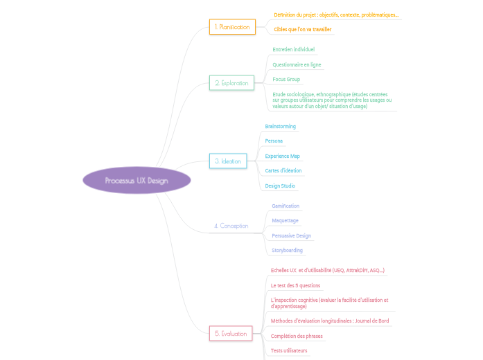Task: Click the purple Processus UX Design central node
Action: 136,181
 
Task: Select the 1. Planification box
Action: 232,27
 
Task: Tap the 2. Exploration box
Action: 231,83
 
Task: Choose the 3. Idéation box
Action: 228,161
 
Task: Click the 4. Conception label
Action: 231,226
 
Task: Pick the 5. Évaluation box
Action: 231,334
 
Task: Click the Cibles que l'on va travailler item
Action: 303,30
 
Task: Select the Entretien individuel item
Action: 293,50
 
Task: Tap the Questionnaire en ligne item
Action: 297,64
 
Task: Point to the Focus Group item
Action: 286,80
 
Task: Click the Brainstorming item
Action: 281,127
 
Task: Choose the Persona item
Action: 274,141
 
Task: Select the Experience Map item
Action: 283,156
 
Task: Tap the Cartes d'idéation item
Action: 283,170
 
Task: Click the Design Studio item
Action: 281,186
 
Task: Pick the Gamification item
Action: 286,206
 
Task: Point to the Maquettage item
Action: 285,221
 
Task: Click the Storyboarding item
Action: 287,250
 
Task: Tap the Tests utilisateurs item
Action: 289,351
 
